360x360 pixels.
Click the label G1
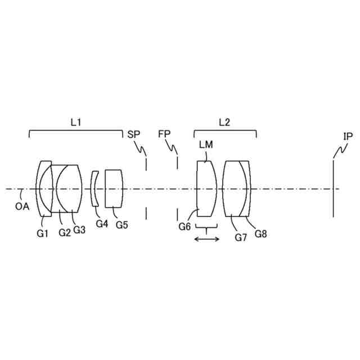(43, 233)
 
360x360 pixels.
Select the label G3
(79, 229)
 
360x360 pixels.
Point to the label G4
(102, 223)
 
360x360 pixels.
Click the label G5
(121, 224)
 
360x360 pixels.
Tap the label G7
(241, 237)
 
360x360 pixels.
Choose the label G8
(260, 233)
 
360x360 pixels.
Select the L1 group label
(76, 121)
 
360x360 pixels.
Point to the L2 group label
(224, 121)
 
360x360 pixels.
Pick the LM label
(206, 145)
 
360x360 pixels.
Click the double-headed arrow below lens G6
(207, 240)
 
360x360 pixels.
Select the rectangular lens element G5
(114, 188)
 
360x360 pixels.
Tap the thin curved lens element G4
(95, 188)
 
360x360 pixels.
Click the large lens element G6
(205, 188)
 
